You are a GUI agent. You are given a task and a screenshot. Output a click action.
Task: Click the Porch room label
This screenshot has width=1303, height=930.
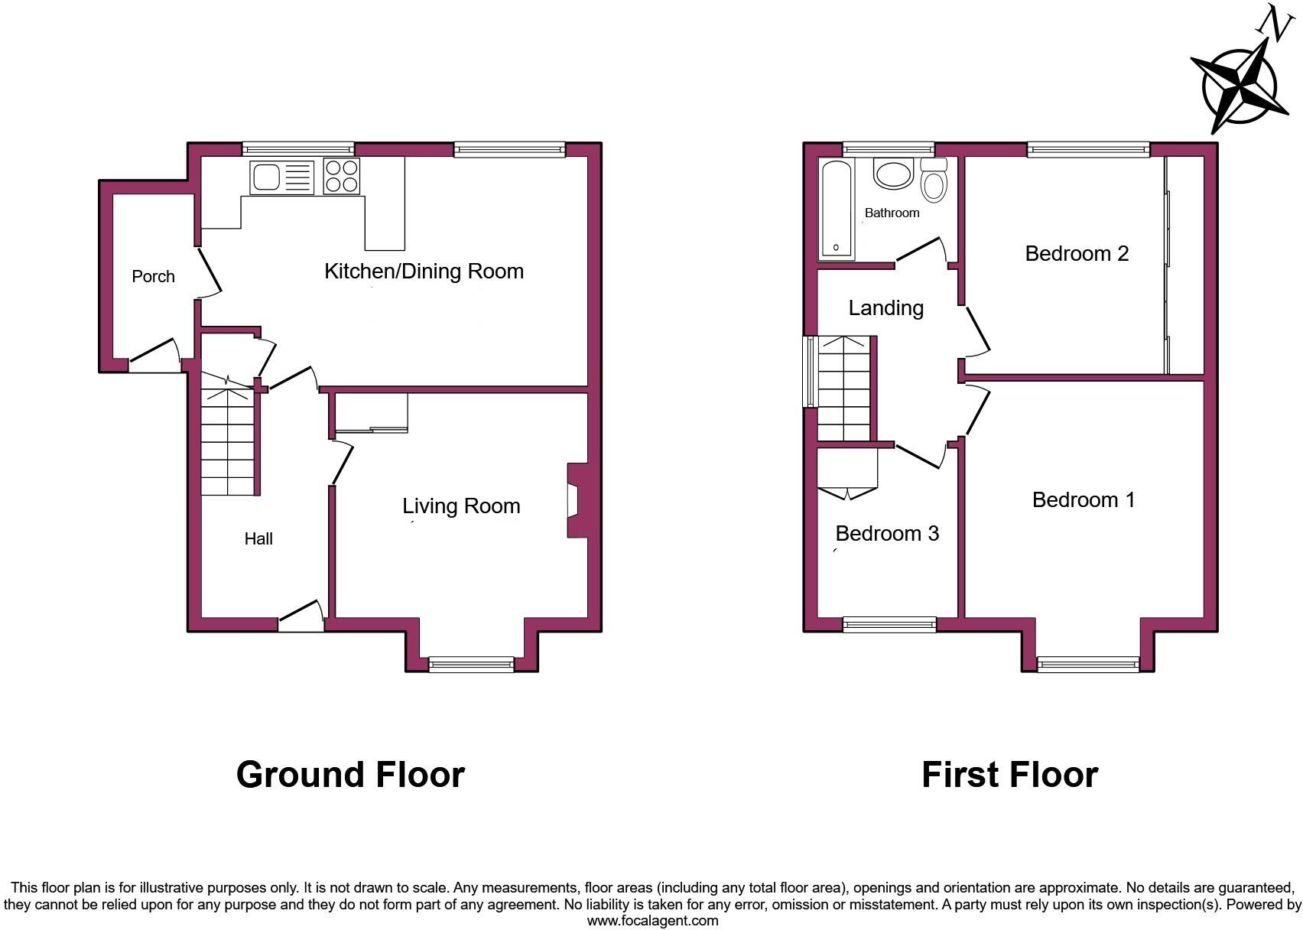(153, 277)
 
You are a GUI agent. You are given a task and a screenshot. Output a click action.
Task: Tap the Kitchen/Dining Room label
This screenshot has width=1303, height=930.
(424, 272)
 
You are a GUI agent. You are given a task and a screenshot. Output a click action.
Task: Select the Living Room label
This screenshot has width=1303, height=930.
(461, 506)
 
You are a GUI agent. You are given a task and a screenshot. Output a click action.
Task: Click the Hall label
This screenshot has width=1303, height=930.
(258, 539)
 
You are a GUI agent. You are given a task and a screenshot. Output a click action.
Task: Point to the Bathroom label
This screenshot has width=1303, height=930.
(892, 213)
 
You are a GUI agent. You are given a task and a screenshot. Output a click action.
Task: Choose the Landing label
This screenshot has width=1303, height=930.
(885, 308)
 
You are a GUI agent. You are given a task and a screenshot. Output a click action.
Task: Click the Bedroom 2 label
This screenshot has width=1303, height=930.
(1077, 254)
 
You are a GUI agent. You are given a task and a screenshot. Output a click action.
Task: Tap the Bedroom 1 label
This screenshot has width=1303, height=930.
(1083, 500)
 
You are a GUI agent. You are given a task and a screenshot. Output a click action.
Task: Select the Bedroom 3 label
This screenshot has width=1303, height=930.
(887, 534)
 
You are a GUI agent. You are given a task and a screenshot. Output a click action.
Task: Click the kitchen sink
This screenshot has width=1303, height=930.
(281, 177)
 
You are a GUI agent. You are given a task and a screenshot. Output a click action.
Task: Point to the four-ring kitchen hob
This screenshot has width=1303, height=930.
(341, 177)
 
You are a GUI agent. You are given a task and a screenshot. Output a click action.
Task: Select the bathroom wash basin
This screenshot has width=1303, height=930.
(893, 174)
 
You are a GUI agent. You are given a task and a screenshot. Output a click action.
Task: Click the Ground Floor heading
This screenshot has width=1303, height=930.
(350, 775)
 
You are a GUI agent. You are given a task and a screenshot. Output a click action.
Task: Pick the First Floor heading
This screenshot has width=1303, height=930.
(1009, 775)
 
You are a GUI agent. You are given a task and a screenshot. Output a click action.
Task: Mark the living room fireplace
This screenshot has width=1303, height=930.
(576, 501)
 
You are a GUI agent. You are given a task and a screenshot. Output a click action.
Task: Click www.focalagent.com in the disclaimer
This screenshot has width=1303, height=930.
(652, 921)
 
